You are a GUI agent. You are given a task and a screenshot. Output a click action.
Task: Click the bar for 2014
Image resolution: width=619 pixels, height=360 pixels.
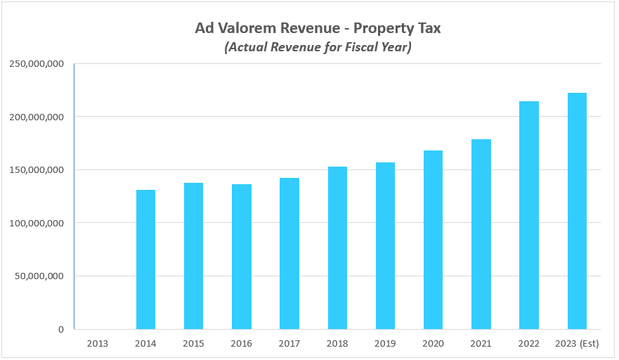pos(145,259)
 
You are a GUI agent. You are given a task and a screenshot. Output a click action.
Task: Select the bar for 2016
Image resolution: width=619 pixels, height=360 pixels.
pos(242,257)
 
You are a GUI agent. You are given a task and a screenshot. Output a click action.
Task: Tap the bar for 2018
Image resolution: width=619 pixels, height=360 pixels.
pos(337,247)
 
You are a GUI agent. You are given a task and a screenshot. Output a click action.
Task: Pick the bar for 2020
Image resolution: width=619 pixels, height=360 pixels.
pos(433,240)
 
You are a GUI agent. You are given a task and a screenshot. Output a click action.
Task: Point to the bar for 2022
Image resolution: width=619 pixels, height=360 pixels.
pos(529,215)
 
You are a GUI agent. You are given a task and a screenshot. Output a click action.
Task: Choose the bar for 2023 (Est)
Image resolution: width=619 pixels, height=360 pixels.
pos(577,211)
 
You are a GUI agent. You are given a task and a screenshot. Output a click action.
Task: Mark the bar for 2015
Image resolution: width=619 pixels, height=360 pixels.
pos(193,256)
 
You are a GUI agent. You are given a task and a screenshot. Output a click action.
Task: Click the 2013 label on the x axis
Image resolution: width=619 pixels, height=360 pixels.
pos(98,343)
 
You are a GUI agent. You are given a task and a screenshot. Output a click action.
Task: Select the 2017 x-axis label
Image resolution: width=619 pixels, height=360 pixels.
pos(289,343)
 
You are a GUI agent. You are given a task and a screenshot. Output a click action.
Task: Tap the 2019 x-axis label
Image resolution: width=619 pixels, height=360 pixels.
pos(385,343)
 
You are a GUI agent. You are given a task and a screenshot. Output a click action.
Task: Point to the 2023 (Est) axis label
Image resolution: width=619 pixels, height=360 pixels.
pos(577,343)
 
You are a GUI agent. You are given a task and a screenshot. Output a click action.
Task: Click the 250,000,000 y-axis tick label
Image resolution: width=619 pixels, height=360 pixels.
pos(37,63)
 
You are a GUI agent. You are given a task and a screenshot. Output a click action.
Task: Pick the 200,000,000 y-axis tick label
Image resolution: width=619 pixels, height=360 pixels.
pos(37,117)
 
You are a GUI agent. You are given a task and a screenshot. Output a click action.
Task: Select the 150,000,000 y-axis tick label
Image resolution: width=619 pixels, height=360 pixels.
pos(37,169)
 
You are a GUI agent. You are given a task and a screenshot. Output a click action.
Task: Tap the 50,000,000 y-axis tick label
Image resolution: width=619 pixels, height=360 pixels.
pos(40,276)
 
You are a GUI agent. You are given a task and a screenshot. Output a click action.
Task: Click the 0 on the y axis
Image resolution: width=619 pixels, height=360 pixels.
pos(61,329)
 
